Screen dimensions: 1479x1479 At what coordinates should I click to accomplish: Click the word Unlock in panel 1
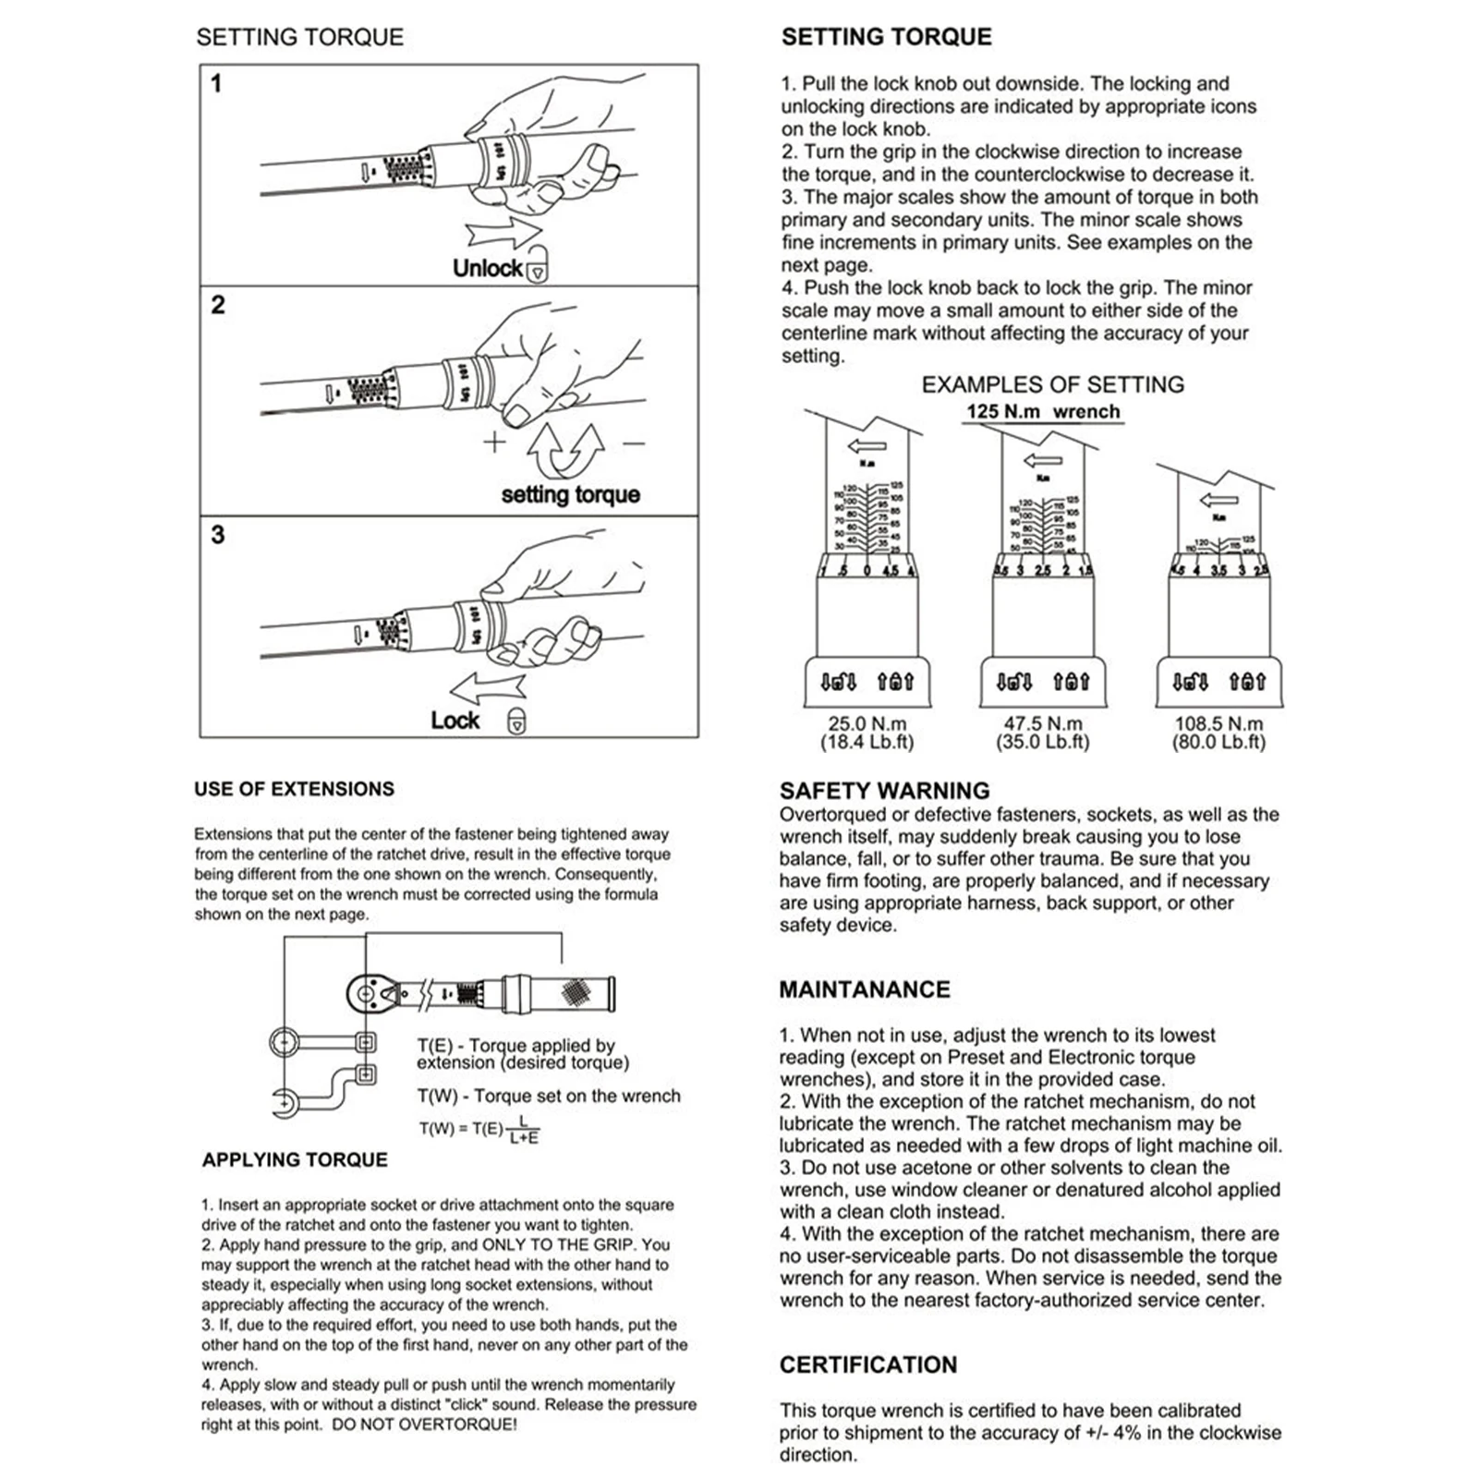click(487, 268)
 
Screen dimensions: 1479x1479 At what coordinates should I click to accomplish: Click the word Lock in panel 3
click(455, 721)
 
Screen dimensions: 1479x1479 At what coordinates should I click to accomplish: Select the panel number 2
click(218, 305)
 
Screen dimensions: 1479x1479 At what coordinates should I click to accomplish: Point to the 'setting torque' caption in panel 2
click(570, 494)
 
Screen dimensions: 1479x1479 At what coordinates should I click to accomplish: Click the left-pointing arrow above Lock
click(487, 689)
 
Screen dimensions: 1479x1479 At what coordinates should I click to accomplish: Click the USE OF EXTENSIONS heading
click(294, 789)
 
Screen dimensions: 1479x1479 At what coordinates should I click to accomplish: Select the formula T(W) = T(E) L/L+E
click(479, 1129)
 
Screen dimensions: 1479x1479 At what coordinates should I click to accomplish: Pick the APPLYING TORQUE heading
click(295, 1159)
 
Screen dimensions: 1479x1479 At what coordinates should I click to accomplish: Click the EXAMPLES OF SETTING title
click(1052, 384)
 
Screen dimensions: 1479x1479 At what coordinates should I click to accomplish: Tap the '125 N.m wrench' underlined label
click(1043, 412)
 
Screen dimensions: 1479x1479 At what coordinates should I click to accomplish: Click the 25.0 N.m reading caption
click(867, 724)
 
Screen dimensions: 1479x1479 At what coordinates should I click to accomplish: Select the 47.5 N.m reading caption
click(1043, 724)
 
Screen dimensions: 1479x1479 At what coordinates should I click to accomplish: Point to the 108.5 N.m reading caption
click(1218, 724)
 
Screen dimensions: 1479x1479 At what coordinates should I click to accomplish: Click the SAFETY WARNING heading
click(884, 791)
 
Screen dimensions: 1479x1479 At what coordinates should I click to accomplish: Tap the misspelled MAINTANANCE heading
click(864, 989)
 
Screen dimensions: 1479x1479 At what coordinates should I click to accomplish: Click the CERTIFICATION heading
click(868, 1364)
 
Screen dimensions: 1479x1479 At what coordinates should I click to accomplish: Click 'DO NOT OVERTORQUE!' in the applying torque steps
click(424, 1424)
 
